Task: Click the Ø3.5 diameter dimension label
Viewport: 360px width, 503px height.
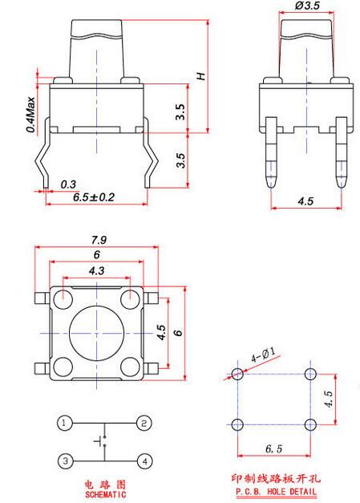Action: pyautogui.click(x=307, y=6)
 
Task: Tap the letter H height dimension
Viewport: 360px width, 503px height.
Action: pyautogui.click(x=201, y=76)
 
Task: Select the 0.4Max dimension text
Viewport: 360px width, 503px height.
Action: pyautogui.click(x=30, y=114)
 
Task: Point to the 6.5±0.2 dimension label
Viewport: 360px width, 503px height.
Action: pyautogui.click(x=93, y=197)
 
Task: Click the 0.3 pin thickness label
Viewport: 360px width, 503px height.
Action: pyautogui.click(x=68, y=185)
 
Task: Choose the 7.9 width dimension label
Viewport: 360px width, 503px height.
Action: pyautogui.click(x=99, y=240)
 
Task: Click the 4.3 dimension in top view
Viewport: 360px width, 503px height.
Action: pyautogui.click(x=96, y=271)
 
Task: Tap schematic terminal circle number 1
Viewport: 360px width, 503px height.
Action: pyautogui.click(x=65, y=423)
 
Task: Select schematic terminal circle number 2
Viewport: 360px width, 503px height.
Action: pyautogui.click(x=144, y=423)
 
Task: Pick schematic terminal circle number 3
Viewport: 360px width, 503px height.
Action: pyautogui.click(x=66, y=461)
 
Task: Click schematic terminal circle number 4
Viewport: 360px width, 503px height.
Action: pyautogui.click(x=144, y=461)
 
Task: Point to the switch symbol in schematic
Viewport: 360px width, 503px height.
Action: pyautogui.click(x=101, y=441)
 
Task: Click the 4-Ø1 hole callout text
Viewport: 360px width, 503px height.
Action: pyautogui.click(x=263, y=355)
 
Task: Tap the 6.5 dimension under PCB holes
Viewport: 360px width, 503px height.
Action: pyautogui.click(x=273, y=448)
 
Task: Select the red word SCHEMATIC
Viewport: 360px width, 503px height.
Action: pyautogui.click(x=106, y=494)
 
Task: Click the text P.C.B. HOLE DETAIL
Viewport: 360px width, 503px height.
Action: pyautogui.click(x=276, y=491)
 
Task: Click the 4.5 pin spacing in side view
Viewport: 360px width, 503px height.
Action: pyautogui.click(x=305, y=201)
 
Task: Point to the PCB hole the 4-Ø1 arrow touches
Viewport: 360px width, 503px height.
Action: pyautogui.click(x=237, y=374)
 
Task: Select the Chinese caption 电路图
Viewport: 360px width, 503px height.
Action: pyautogui.click(x=105, y=484)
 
